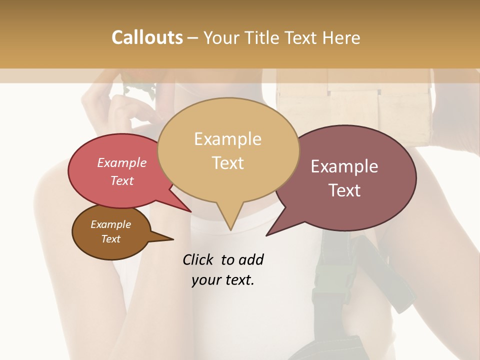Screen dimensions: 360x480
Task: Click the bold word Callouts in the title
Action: [x=147, y=37]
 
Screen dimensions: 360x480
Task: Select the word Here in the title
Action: [x=341, y=37]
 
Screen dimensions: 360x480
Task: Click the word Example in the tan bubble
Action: [x=227, y=139]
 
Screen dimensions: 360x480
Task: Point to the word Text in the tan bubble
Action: [x=227, y=163]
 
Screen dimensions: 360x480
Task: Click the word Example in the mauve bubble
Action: [x=344, y=166]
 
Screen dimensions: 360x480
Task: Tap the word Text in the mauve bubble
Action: [x=344, y=190]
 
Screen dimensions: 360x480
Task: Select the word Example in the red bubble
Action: [x=122, y=162]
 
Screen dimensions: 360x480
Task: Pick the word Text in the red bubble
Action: [x=122, y=180]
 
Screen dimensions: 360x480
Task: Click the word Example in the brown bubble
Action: [x=110, y=224]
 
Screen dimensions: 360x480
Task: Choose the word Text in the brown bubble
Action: [x=110, y=239]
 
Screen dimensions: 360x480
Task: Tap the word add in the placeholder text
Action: [x=250, y=259]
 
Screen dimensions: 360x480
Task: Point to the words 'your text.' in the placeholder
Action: [x=223, y=280]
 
